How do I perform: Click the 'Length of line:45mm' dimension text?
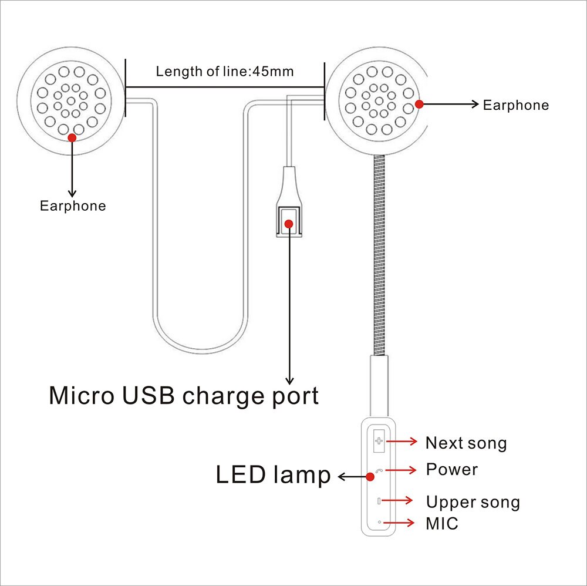point(225,72)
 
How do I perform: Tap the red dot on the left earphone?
point(72,137)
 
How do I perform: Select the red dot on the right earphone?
point(419,104)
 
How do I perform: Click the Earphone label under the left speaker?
point(73,206)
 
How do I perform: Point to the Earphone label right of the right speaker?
point(515,106)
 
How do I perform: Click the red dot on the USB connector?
point(289,223)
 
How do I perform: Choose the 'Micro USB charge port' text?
point(184,395)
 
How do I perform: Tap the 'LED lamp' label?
point(274,476)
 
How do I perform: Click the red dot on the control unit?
point(370,477)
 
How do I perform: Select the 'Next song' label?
point(465,443)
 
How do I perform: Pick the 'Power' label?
point(451,470)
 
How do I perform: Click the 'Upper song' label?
point(473,503)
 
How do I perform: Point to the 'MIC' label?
point(441,523)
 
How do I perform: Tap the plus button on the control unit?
point(379,441)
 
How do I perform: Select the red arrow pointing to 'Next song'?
point(402,441)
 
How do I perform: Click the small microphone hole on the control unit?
point(379,521)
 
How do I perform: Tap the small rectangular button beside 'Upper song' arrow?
point(379,501)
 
